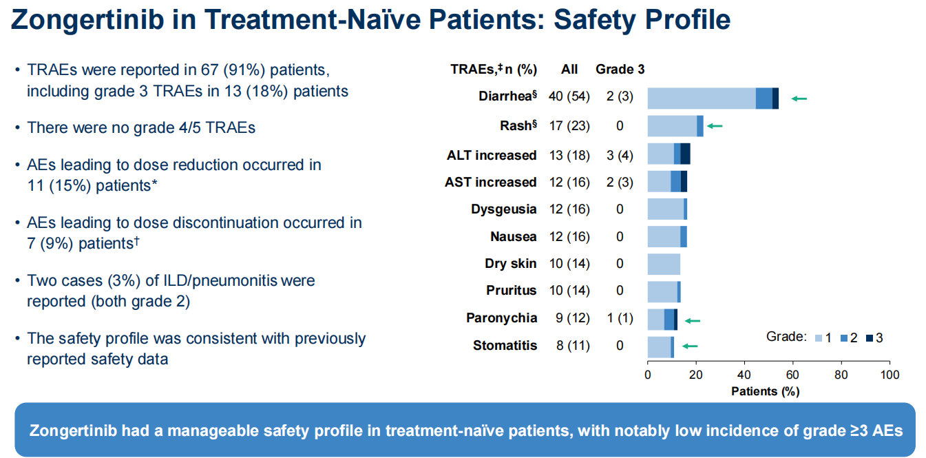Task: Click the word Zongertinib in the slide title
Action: (x=87, y=20)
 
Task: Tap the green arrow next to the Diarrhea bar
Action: (x=799, y=98)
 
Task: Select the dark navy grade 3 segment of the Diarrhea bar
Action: (x=775, y=98)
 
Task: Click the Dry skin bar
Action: (x=664, y=264)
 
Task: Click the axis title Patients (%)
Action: (x=765, y=391)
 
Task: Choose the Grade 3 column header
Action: (x=620, y=69)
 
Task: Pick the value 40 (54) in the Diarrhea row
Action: (x=569, y=96)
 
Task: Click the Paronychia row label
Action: (x=501, y=318)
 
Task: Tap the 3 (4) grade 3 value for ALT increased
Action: (x=620, y=156)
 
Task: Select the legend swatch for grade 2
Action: (x=844, y=338)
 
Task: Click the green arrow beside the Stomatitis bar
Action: (x=690, y=346)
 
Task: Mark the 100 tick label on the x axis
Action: (x=890, y=375)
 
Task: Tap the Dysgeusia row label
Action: (x=504, y=209)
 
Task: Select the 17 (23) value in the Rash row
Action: (x=569, y=125)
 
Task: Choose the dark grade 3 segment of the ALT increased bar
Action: (x=686, y=154)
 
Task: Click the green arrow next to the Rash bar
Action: (x=715, y=126)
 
